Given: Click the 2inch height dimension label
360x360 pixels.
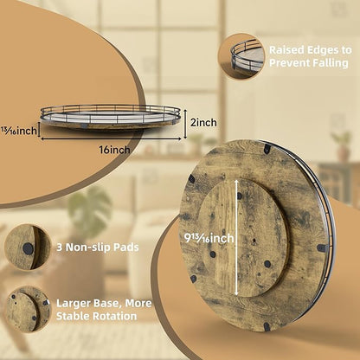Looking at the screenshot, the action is click(x=203, y=123).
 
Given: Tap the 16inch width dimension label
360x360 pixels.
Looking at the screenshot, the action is click(x=114, y=150).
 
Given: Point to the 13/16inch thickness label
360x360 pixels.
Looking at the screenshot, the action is click(x=19, y=131).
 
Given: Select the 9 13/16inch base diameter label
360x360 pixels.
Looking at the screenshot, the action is click(x=209, y=238).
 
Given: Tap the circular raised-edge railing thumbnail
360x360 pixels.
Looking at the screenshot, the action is click(x=241, y=56).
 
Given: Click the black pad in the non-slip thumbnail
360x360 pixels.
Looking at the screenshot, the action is click(x=28, y=248).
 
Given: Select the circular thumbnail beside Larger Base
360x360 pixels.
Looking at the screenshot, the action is click(x=28, y=309).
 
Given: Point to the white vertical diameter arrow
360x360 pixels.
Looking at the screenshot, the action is click(x=236, y=237).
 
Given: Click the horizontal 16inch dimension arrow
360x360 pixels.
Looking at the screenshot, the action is click(x=111, y=138).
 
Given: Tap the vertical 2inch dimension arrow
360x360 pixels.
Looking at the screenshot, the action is click(x=185, y=123).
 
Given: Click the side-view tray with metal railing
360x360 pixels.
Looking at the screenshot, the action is click(x=111, y=117).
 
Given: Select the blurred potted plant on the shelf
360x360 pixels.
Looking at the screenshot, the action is click(x=343, y=145).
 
